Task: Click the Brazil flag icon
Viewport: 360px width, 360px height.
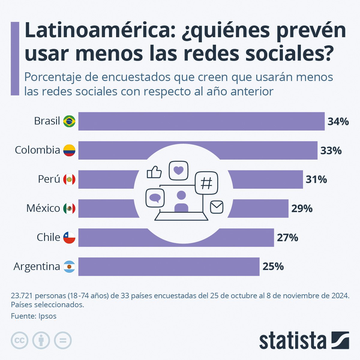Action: coord(69,121)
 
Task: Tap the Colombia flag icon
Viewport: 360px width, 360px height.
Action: coord(69,150)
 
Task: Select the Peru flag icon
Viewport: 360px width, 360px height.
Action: coord(69,179)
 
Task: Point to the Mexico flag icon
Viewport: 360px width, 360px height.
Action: coord(69,208)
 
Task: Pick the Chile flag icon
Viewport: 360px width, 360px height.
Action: coord(69,237)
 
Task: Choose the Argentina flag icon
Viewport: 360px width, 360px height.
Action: coord(69,266)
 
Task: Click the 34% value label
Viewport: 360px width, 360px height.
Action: coord(338,121)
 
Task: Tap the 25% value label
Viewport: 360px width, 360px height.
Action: coord(273,266)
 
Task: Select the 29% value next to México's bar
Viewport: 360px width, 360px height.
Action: coord(302,208)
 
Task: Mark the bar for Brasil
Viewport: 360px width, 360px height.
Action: coord(201,121)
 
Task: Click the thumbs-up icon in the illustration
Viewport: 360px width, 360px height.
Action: coord(154,172)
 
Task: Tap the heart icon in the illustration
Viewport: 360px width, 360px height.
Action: coord(178,170)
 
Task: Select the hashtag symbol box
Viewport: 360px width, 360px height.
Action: coord(206,183)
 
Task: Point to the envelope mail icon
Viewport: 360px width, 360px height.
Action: coord(217,207)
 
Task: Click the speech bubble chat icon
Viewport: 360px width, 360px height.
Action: coord(155,198)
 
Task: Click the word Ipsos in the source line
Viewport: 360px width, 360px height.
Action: coord(47,316)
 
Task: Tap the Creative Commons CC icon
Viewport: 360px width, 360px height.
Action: coord(19,340)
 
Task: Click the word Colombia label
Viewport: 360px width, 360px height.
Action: coord(37,150)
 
